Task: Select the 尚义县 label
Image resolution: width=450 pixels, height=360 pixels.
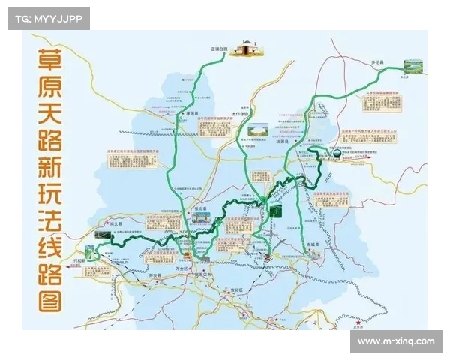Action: (115, 223)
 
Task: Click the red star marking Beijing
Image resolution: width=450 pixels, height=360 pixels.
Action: (358, 323)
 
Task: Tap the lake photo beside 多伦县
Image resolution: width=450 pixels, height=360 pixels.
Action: (412, 67)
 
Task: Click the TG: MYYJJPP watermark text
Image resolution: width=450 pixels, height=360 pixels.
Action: (48, 19)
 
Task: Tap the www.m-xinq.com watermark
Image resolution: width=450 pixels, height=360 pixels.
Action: (395, 341)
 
